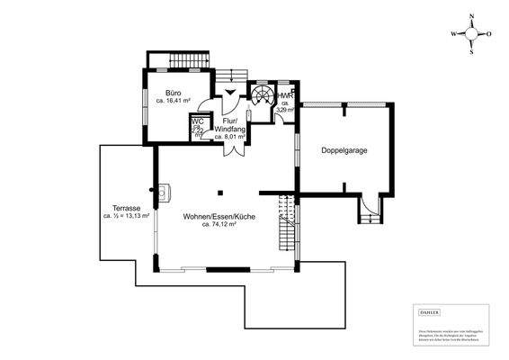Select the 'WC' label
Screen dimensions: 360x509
(x=198, y=122)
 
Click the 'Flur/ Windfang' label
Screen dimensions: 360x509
(x=229, y=125)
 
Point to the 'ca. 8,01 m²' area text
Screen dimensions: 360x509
(x=231, y=137)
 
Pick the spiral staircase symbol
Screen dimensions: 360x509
(x=263, y=95)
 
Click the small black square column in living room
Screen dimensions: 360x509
(x=220, y=191)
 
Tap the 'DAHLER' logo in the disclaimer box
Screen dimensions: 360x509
(x=430, y=310)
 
